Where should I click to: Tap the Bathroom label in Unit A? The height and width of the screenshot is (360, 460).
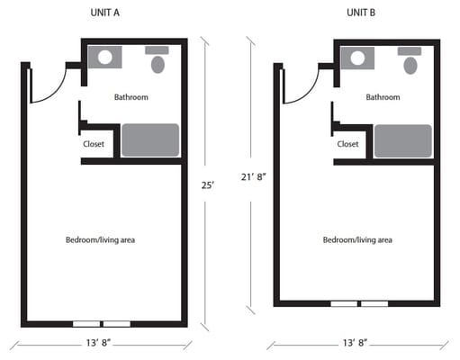(x=131, y=97)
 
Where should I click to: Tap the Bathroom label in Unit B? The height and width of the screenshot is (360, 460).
(x=383, y=97)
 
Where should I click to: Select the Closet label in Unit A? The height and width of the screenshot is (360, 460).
(x=94, y=143)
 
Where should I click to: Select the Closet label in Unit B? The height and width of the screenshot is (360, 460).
(x=347, y=143)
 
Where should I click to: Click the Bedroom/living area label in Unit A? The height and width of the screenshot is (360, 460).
(x=100, y=239)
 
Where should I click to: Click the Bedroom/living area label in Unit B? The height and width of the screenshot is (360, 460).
(x=357, y=239)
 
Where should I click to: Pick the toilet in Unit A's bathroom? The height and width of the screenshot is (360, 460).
(x=159, y=64)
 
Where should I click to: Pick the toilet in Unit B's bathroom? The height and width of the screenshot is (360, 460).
(x=412, y=65)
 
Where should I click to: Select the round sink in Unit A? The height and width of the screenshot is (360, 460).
(x=105, y=58)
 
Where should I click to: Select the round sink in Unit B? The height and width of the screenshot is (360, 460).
(x=358, y=58)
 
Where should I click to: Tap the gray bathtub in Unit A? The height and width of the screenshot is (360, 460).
(x=150, y=140)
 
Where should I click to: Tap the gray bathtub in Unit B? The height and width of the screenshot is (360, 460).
(x=403, y=140)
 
